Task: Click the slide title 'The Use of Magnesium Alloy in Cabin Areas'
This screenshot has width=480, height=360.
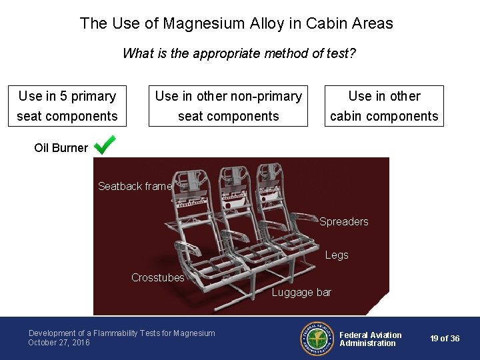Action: [237, 23]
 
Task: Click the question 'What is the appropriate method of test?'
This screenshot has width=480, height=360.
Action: [239, 53]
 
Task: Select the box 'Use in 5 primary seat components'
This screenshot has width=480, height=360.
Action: [67, 105]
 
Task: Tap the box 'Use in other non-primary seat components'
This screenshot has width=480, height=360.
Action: [228, 105]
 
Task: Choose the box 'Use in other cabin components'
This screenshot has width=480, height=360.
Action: [384, 105]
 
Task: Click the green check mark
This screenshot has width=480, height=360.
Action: [105, 145]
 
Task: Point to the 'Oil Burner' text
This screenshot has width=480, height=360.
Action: [61, 148]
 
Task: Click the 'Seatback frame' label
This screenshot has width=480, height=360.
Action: [135, 186]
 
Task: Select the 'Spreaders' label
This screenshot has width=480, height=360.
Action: [343, 221]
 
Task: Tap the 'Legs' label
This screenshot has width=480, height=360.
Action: [337, 255]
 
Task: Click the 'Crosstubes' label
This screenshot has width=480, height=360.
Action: [157, 277]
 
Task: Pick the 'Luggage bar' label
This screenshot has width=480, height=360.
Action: [301, 292]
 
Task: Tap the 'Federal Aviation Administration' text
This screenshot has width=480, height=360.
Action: [370, 339]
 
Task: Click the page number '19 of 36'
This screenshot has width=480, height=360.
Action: [445, 339]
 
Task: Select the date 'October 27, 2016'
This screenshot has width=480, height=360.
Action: [59, 343]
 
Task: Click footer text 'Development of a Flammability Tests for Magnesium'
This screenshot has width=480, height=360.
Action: [121, 333]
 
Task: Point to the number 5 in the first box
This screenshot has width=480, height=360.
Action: [63, 96]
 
